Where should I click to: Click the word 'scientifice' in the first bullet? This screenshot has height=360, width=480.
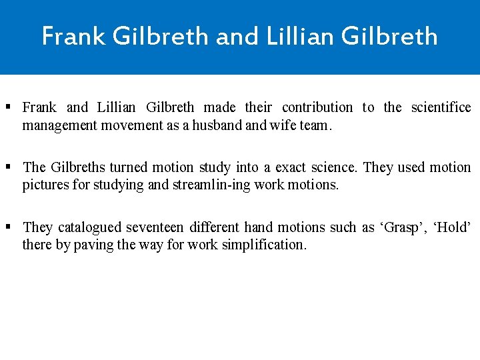tap(441, 107)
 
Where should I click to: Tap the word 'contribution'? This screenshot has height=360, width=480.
tap(317, 107)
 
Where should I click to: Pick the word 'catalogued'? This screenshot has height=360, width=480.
tap(90, 227)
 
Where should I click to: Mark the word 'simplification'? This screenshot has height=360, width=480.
tap(265, 245)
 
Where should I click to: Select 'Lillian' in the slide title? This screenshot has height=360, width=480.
tap(299, 36)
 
